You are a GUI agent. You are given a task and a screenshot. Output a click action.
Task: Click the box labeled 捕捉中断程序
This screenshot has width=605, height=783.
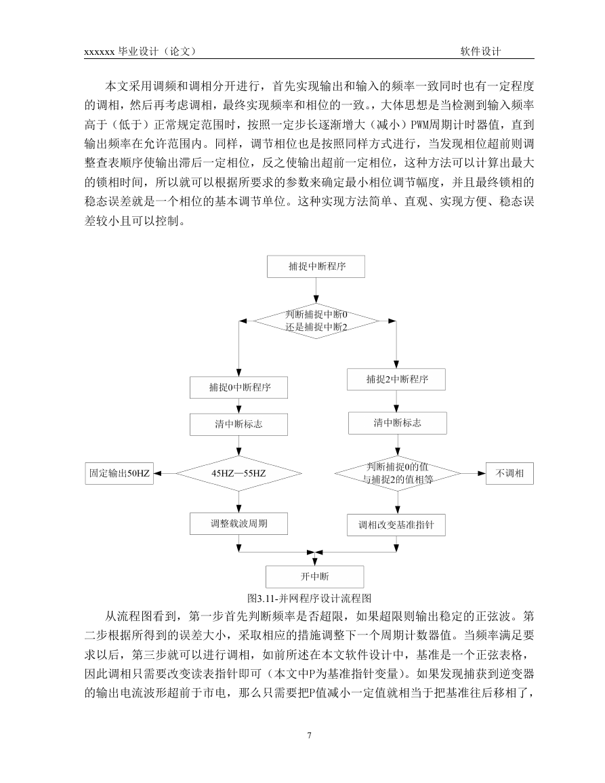(316, 266)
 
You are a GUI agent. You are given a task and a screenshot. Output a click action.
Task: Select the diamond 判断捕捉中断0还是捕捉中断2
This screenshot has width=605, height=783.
(316, 321)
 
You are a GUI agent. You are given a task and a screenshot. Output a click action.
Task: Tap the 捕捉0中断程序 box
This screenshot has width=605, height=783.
(238, 388)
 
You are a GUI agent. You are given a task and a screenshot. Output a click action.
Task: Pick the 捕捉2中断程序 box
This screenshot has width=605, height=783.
(396, 380)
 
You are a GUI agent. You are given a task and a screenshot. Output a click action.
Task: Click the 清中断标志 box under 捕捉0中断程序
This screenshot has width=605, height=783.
(238, 424)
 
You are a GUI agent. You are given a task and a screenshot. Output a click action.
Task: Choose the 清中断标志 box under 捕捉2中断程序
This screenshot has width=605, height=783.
(397, 423)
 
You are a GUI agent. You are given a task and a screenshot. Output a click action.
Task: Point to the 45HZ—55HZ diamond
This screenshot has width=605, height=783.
(238, 473)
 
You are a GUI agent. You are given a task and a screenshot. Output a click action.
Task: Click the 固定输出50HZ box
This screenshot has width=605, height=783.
(119, 473)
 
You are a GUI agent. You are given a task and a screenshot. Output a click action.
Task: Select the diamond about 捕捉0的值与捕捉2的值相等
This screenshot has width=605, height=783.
(398, 473)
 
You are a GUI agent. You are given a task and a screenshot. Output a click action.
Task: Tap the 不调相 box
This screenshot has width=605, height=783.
(509, 473)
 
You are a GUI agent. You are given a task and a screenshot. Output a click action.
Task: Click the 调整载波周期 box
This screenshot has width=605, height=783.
(238, 524)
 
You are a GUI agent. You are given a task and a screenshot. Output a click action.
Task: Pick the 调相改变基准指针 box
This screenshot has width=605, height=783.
(396, 525)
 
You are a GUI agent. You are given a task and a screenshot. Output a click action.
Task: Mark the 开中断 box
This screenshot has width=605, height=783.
(314, 577)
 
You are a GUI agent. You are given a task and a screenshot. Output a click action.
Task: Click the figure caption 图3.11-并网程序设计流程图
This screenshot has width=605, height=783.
(310, 598)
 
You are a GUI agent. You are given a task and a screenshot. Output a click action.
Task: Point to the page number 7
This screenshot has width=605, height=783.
(310, 735)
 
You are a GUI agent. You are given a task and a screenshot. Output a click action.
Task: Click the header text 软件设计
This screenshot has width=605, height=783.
(481, 52)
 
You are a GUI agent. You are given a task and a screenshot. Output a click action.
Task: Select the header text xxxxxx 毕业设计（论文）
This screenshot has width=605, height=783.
(140, 52)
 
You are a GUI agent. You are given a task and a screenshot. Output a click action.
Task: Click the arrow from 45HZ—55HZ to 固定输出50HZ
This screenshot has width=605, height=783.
(165, 473)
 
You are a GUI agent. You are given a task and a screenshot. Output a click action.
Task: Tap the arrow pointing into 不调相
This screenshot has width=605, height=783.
(474, 473)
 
